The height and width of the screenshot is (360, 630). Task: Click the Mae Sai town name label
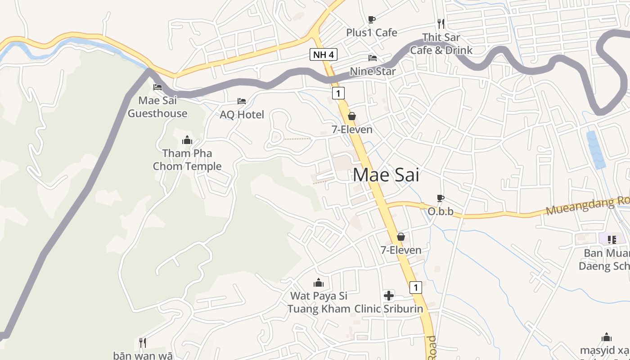386,175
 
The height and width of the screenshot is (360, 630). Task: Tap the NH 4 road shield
323,55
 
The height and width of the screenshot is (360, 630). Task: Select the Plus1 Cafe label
371,32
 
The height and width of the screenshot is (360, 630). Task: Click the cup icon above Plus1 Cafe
371,19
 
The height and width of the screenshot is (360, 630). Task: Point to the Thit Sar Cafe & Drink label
441,44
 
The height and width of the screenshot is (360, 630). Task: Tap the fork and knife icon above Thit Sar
441,23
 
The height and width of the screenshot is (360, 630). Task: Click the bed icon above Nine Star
373,58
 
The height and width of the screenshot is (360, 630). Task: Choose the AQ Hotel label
242,115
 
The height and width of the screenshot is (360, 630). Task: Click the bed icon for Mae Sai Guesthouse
157,87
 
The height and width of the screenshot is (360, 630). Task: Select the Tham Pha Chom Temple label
187,160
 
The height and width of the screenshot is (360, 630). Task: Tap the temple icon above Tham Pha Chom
187,140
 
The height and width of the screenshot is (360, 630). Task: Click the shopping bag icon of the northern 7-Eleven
352,117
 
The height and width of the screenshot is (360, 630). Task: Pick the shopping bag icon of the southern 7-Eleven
401,237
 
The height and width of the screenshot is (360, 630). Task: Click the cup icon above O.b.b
441,198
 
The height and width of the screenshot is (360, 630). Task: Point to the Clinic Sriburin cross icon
389,296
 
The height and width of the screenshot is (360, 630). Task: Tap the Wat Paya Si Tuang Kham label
319,302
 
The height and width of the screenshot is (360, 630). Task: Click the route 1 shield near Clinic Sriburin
416,287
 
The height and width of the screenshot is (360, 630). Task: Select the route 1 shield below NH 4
338,94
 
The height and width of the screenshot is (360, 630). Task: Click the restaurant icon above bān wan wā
143,343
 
